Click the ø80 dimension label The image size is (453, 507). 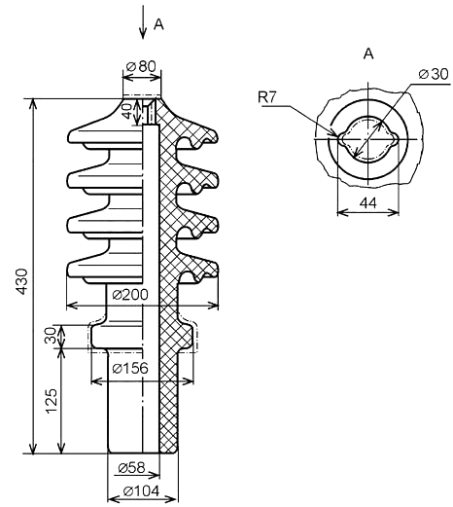pyautogui.click(x=141, y=66)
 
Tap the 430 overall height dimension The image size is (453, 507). pyautogui.click(x=22, y=281)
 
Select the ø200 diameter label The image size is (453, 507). pyautogui.click(x=130, y=295)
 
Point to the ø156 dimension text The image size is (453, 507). pyautogui.click(x=130, y=368)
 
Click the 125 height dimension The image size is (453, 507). pyautogui.click(x=52, y=401)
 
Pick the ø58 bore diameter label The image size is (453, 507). pyautogui.click(x=131, y=467)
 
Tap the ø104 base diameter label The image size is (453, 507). pyautogui.click(x=141, y=490)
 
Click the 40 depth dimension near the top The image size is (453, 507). pyautogui.click(x=126, y=111)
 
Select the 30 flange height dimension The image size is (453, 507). pyautogui.click(x=51, y=336)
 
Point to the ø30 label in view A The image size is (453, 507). pyautogui.click(x=434, y=74)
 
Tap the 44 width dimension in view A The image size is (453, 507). pyautogui.click(x=368, y=203)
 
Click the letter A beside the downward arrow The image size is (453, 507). pyautogui.click(x=158, y=24)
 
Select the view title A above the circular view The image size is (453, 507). pyautogui.click(x=368, y=54)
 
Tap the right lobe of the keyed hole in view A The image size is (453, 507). pyautogui.click(x=394, y=139)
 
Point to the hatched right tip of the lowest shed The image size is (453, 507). pyautogui.click(x=215, y=270)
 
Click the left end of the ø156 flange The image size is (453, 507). pyautogui.click(x=92, y=337)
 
